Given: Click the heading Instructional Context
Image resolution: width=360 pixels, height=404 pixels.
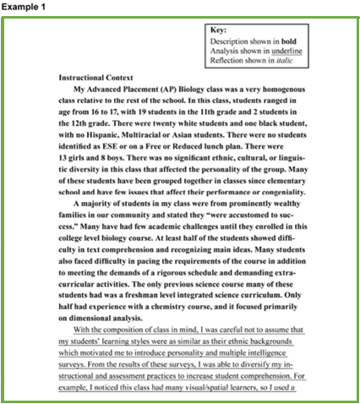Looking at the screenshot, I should (x=99, y=78).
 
